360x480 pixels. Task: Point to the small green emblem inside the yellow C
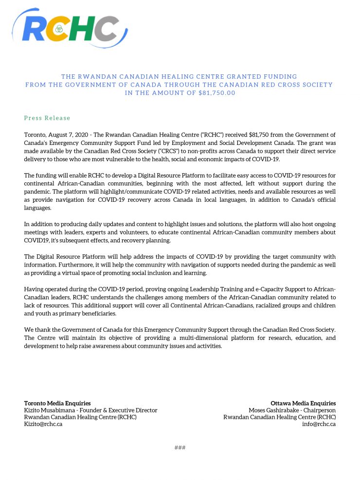pos(59,30)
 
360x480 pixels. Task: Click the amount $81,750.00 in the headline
pos(217,93)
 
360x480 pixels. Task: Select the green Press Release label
pos(47,118)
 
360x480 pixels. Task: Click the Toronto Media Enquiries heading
pos(57,403)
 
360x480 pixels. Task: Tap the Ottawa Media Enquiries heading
pos(303,403)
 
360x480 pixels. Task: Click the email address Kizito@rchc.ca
pos(43,424)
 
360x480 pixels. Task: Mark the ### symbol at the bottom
pos(180,448)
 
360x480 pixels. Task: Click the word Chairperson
pos(318,410)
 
